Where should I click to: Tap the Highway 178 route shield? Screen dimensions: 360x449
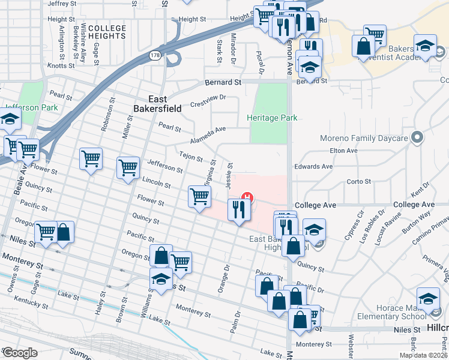154,55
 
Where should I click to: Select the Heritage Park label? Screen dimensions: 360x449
272,118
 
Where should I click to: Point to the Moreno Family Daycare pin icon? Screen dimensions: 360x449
417,139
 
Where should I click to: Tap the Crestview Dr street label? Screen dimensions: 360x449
208,97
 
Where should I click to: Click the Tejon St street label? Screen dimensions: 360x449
191,155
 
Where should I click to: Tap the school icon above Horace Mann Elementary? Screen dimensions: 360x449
427,296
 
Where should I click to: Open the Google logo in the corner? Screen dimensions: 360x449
20,353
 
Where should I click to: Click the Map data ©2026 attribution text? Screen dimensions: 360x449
423,355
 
